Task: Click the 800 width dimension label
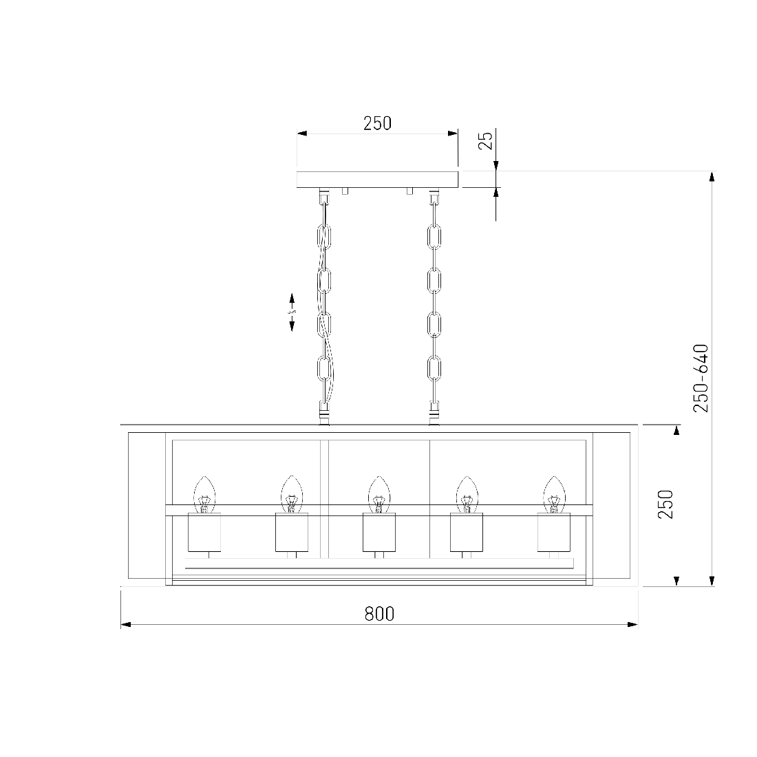click(x=379, y=614)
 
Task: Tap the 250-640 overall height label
click(x=701, y=378)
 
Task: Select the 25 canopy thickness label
click(x=486, y=140)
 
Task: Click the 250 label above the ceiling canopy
click(x=378, y=123)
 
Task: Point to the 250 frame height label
click(x=665, y=504)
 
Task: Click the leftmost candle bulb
click(x=204, y=494)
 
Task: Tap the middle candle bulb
click(x=379, y=494)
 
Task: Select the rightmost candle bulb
click(x=554, y=494)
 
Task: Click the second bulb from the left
click(x=292, y=494)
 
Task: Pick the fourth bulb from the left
click(x=467, y=494)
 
